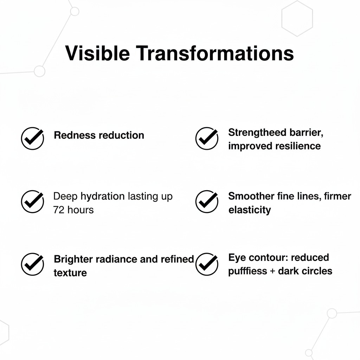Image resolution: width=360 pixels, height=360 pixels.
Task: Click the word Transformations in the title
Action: click(214, 53)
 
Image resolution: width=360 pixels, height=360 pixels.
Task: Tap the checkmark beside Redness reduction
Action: click(32, 139)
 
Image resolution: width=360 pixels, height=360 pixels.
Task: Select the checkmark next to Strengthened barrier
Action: click(207, 138)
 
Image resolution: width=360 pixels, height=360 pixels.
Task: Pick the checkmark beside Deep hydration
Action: click(32, 201)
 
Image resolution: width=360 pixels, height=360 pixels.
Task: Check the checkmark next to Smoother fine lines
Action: click(207, 201)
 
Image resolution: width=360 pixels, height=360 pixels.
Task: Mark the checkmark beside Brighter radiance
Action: click(32, 264)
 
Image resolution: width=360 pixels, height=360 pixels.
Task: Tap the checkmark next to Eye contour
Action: click(207, 264)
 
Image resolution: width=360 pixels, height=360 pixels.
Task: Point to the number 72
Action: click(59, 210)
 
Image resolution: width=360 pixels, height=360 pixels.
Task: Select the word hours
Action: click(81, 210)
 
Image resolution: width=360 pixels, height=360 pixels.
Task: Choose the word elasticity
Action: click(250, 210)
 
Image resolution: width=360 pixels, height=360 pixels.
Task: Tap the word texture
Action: click(70, 272)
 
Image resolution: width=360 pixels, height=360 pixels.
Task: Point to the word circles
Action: click(316, 271)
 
